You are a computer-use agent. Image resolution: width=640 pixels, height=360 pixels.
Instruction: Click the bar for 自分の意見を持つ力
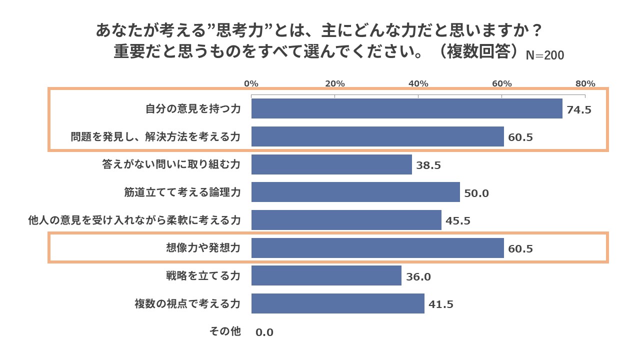click(406, 108)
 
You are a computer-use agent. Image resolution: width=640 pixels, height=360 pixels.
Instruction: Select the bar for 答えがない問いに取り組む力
click(331, 164)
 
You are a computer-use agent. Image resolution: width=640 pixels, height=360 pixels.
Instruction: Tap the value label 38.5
click(428, 165)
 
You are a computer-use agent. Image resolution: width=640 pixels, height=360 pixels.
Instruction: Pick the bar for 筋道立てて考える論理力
click(355, 192)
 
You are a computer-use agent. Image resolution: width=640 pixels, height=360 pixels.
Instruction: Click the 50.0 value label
click(476, 193)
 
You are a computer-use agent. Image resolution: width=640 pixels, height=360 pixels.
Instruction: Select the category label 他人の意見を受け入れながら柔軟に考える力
click(134, 220)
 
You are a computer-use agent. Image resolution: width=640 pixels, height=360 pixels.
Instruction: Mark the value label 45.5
click(458, 221)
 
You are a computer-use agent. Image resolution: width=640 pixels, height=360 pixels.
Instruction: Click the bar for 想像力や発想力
click(377, 248)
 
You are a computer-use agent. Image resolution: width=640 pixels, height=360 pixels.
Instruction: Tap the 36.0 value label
click(418, 277)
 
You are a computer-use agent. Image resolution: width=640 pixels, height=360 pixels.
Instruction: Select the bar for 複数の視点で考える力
click(338, 303)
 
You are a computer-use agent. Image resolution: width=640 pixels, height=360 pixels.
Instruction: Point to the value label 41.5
click(441, 304)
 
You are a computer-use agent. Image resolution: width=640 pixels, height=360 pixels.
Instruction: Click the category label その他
click(225, 331)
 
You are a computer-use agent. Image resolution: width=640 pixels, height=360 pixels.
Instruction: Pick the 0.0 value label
click(264, 332)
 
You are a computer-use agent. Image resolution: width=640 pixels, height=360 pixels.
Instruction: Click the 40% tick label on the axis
click(418, 83)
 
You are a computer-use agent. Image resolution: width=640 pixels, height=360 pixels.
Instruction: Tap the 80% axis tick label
click(585, 83)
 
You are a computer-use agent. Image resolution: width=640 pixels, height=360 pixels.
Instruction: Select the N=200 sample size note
click(544, 55)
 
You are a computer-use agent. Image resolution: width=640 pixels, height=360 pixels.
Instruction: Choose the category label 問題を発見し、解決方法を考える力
click(155, 137)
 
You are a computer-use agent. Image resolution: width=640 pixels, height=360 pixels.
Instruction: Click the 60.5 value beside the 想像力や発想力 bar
click(520, 249)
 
